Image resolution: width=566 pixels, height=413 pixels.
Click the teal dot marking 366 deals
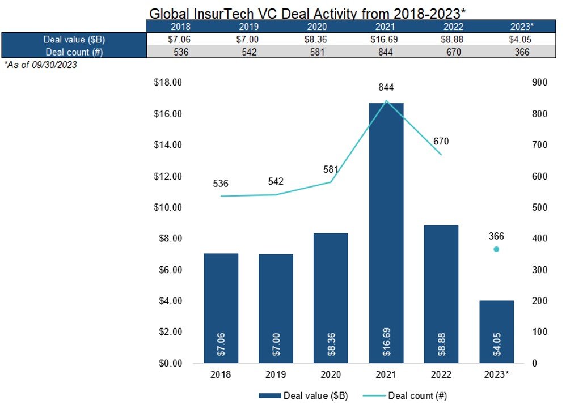click(x=496, y=249)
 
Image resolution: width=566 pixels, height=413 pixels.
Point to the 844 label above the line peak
click(x=387, y=87)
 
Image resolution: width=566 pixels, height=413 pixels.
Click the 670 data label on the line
click(x=441, y=142)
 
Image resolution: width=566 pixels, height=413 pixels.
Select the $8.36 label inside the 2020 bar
click(x=331, y=344)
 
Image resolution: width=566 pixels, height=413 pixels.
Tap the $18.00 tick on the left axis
click(x=168, y=83)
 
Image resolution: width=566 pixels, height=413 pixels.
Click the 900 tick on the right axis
click(x=540, y=83)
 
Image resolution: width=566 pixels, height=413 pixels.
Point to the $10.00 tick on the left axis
click(x=168, y=207)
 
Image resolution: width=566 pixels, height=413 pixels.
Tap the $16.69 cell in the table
click(x=387, y=40)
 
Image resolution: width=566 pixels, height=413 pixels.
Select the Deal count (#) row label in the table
click(x=74, y=52)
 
